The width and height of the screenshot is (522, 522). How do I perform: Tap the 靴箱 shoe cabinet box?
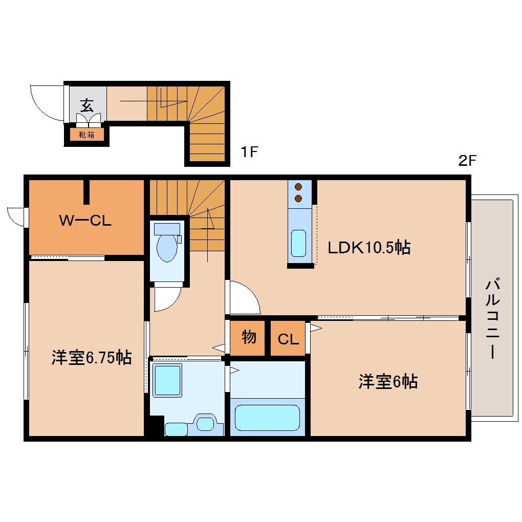tap(86, 135)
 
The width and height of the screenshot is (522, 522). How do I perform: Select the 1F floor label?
tap(249, 153)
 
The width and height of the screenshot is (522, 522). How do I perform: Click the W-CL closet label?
tap(85, 221)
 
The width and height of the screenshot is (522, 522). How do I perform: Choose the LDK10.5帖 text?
tap(368, 248)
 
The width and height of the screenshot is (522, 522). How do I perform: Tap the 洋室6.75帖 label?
tap(91, 357)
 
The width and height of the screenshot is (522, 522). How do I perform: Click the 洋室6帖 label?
tap(387, 381)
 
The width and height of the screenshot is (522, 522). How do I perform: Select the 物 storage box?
tap(248, 338)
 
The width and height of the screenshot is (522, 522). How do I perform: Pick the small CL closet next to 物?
tap(288, 339)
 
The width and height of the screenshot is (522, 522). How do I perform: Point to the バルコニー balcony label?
tap(492, 317)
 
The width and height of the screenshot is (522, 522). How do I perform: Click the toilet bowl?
tap(167, 248)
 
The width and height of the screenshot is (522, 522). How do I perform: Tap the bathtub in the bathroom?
tap(267, 418)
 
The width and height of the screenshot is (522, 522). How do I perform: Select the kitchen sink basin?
tap(298, 243)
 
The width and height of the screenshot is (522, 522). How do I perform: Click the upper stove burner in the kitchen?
tap(298, 187)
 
